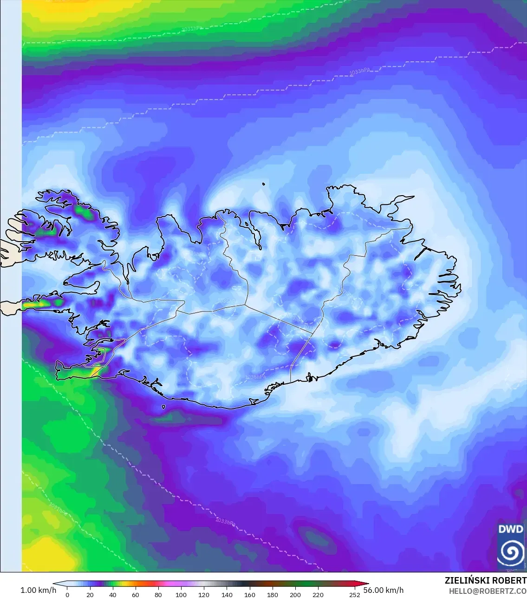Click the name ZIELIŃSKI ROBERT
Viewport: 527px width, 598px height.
485,581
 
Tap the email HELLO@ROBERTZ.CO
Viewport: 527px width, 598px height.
488,591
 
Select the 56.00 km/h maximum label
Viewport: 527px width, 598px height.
383,590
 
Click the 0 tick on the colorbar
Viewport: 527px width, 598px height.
67,594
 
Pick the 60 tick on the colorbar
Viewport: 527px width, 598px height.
136,594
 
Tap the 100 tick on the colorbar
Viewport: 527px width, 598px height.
181,594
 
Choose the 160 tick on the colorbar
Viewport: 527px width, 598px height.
250,594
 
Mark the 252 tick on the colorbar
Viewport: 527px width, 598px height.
355,594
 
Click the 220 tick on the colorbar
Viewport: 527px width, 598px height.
318,594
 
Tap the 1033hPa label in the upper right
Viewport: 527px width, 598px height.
360,72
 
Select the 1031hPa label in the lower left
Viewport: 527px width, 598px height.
58,509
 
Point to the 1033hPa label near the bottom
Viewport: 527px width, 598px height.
225,522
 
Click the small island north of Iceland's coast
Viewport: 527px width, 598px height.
263,184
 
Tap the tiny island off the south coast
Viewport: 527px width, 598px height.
164,407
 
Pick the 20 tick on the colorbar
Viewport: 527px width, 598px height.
90,594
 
